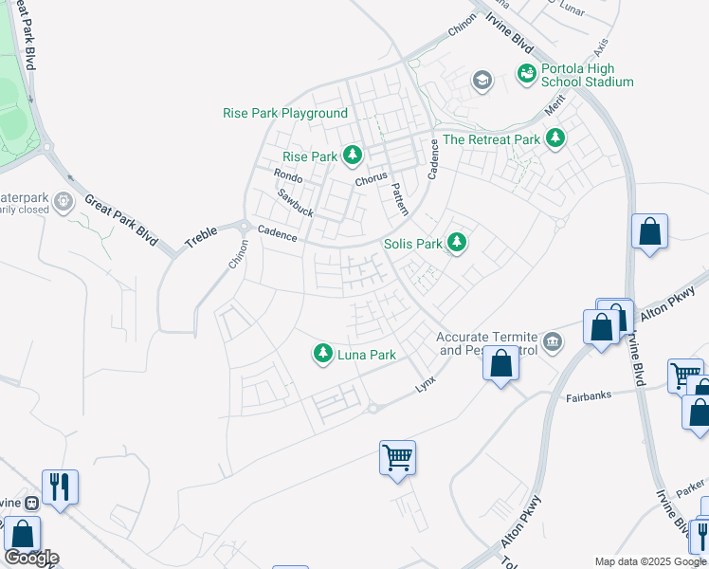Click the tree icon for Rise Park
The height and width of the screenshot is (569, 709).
tap(353, 154)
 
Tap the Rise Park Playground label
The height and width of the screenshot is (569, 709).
tap(285, 113)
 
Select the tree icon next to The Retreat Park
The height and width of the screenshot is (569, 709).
tap(554, 139)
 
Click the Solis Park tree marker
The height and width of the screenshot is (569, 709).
tap(457, 244)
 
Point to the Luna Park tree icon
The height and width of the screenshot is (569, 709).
tap(323, 354)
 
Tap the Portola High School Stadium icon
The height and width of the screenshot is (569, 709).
tap(525, 72)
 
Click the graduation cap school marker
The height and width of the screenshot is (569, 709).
tap(482, 81)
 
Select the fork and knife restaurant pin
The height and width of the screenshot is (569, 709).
tap(60, 486)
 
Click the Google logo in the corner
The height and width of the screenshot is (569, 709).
tap(32, 558)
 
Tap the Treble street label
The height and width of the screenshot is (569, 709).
tap(201, 237)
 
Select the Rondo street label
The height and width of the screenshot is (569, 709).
tap(287, 176)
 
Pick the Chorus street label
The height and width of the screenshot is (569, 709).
tap(371, 179)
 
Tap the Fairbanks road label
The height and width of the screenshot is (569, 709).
tap(590, 396)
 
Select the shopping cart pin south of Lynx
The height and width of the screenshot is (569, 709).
tap(398, 457)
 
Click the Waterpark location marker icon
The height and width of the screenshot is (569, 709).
tap(64, 200)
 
